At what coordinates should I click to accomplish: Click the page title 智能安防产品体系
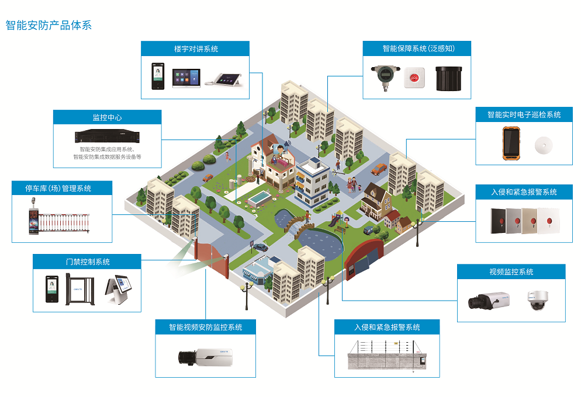click(49, 26)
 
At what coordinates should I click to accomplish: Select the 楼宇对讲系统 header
click(196, 48)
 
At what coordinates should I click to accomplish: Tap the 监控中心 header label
click(107, 117)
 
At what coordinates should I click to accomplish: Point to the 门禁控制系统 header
click(87, 261)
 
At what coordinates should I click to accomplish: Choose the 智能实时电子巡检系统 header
click(524, 114)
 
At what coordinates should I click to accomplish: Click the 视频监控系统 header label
click(511, 271)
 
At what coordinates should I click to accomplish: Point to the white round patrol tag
click(543, 145)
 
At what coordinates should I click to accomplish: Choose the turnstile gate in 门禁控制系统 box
click(78, 289)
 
